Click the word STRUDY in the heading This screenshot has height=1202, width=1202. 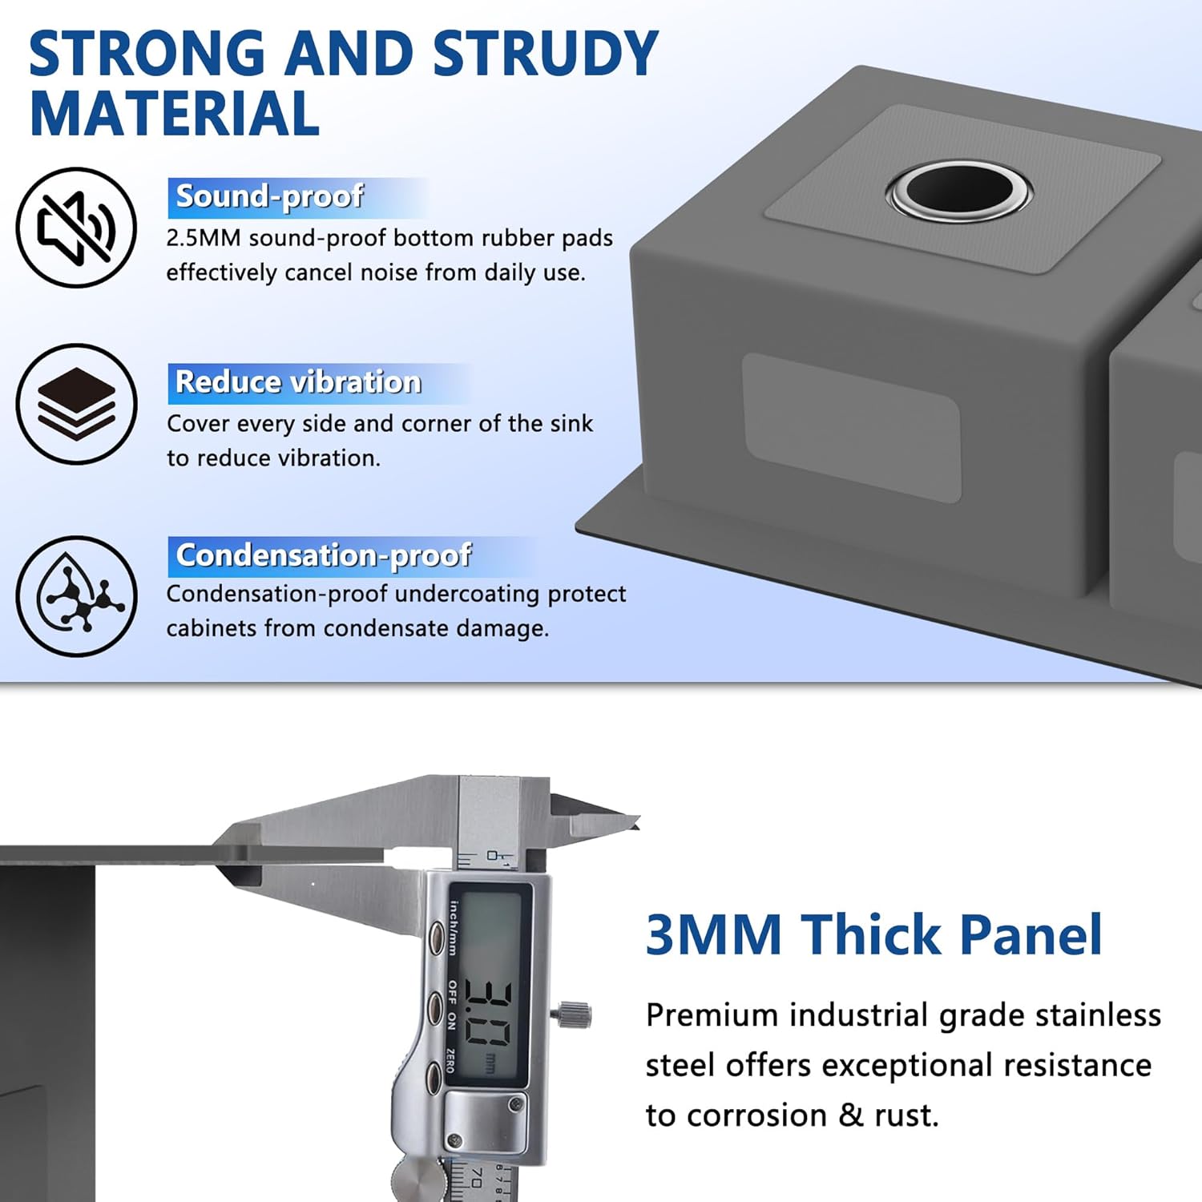pos(545,54)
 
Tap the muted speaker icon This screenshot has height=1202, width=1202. pos(76,228)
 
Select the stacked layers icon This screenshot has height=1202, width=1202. pos(76,404)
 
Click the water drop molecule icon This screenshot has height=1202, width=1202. pos(76,596)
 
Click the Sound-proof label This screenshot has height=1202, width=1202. pos(270,197)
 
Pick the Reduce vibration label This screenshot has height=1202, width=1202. pos(298,383)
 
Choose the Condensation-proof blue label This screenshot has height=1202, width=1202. pos(324,556)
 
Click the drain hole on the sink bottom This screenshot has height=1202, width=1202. pos(960,191)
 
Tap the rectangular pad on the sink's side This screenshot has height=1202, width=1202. pos(852,427)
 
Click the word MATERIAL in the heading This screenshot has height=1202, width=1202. pos(175,114)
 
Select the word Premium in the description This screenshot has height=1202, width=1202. pos(712,1016)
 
